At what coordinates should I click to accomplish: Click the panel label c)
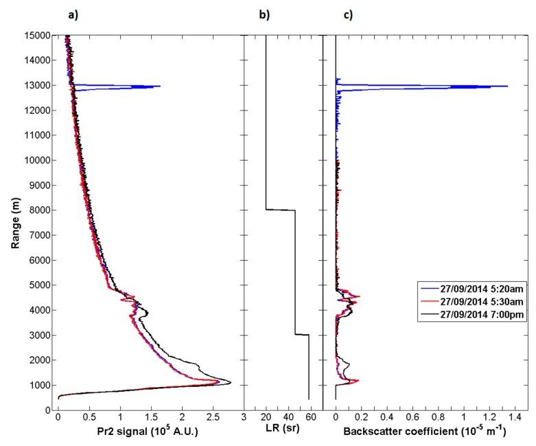click(348, 15)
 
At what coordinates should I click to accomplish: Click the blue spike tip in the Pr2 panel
click(160, 86)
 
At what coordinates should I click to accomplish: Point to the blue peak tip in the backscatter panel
click(507, 86)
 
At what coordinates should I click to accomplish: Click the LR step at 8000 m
click(281, 210)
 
